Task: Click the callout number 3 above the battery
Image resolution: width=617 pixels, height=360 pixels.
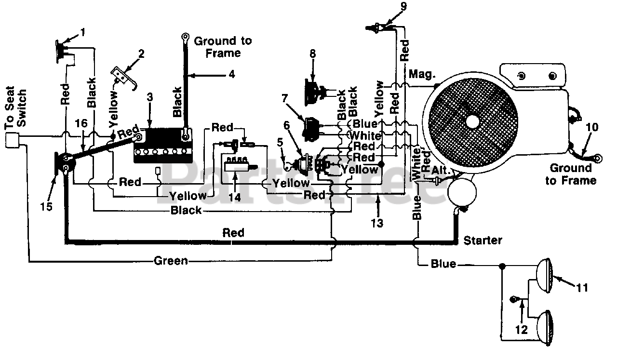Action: tap(149, 97)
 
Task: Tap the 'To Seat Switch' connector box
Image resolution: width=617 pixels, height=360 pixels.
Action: tap(13, 140)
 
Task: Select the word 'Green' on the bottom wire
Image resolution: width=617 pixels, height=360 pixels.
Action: tap(171, 261)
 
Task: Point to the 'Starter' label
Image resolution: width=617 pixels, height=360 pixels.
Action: tap(483, 240)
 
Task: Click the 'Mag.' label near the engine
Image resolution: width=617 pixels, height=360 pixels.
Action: tap(422, 74)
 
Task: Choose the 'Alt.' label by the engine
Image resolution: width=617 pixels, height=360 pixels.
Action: tap(440, 171)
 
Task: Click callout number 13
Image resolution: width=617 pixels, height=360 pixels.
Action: tap(377, 223)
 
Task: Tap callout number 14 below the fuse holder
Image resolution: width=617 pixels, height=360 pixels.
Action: tap(234, 198)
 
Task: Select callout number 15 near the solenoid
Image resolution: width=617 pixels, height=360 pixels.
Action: tap(46, 206)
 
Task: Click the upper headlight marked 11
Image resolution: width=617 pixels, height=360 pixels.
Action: tap(545, 276)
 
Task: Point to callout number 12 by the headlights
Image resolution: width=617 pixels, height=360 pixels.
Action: tap(521, 330)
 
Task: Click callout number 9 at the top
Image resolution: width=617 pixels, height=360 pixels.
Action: tap(403, 7)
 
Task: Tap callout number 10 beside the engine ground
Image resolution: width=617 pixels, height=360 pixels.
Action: tap(592, 127)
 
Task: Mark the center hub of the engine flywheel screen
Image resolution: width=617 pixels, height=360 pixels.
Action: tap(473, 121)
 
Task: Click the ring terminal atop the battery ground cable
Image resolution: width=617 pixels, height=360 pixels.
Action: tap(185, 37)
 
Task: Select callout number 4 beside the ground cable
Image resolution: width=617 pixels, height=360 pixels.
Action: tap(232, 74)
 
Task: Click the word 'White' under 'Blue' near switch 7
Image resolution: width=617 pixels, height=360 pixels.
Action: tap(365, 135)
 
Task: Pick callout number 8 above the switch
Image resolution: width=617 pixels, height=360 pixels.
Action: tap(313, 53)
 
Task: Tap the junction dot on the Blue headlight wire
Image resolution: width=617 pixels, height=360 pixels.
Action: tap(502, 266)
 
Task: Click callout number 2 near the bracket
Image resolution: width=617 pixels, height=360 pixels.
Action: tap(141, 54)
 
